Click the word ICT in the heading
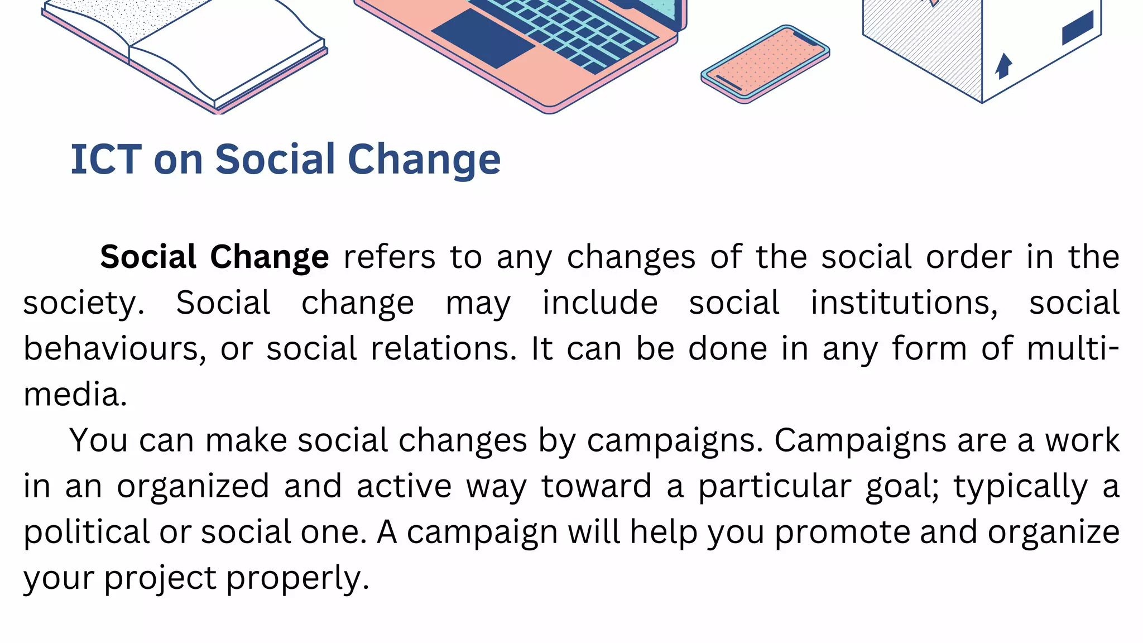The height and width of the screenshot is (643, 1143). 106,160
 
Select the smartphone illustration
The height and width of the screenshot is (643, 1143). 765,64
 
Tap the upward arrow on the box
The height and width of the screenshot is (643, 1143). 1003,65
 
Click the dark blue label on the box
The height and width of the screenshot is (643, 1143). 1077,27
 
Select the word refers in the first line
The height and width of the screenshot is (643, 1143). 389,257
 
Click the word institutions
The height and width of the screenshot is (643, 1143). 904,303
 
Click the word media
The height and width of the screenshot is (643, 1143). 75,395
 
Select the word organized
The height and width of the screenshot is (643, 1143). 193,486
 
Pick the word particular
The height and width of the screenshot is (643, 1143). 775,486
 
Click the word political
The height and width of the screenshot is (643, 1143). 87,532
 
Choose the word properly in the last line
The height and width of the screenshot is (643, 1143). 297,578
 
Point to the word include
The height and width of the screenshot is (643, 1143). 600,303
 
